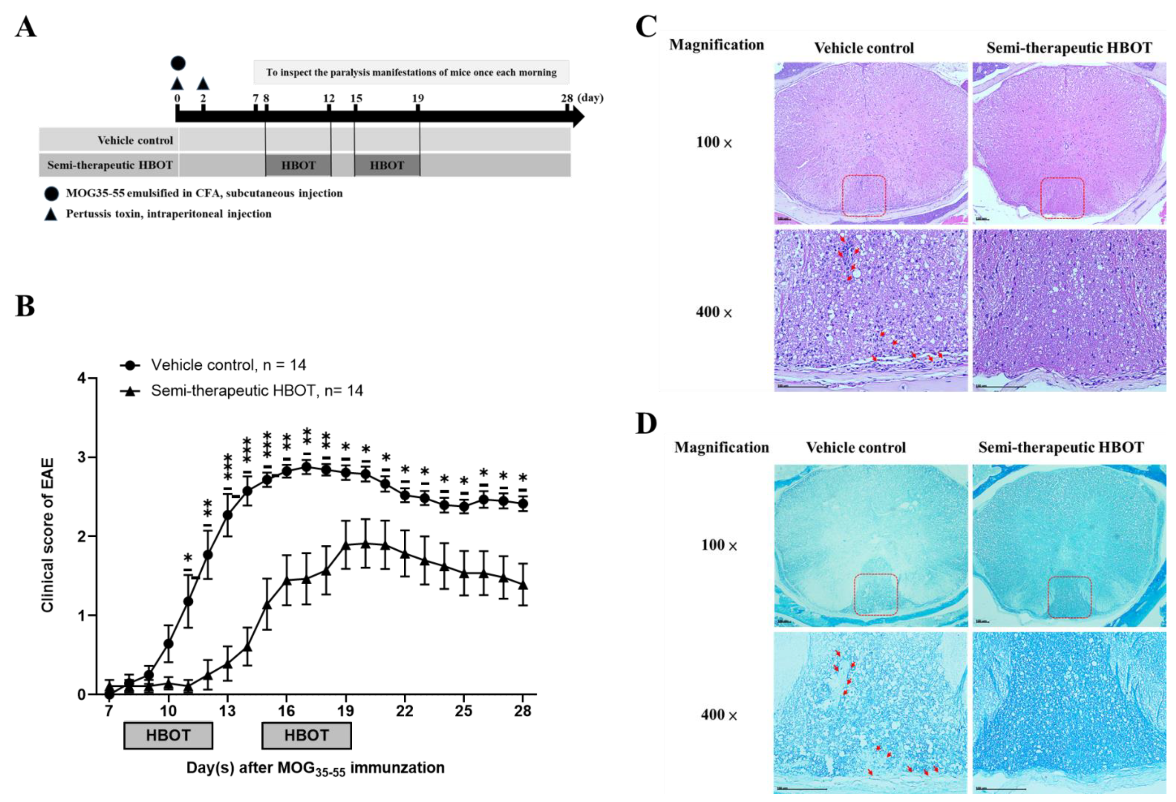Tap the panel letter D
coord(646,424)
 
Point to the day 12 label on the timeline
coord(329,98)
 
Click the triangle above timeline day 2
coord(203,83)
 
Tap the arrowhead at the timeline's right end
coord(578,117)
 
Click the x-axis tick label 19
coord(346,711)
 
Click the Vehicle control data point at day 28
coord(523,504)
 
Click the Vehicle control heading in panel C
coord(864,48)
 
